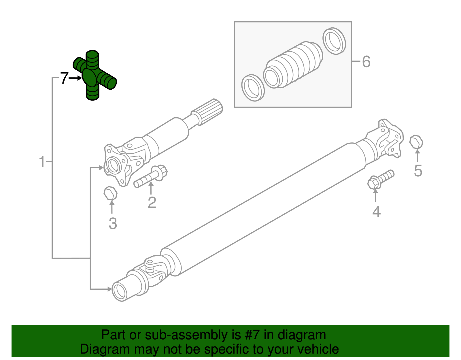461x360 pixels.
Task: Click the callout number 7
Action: pyautogui.click(x=64, y=78)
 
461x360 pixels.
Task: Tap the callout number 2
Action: pyautogui.click(x=152, y=202)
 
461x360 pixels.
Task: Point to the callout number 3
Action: pyautogui.click(x=113, y=224)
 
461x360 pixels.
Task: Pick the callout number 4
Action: pyautogui.click(x=376, y=212)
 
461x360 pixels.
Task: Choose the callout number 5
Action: pyautogui.click(x=418, y=171)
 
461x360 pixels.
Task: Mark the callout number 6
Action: pyautogui.click(x=366, y=62)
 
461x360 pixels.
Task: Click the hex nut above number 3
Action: pyautogui.click(x=110, y=193)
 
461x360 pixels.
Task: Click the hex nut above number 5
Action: pyautogui.click(x=416, y=142)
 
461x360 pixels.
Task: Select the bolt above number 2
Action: pyautogui.click(x=151, y=176)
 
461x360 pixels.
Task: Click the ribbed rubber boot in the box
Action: pyautogui.click(x=294, y=65)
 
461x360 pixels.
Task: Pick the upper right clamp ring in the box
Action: pyautogui.click(x=334, y=41)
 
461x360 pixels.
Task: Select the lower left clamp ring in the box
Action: pyautogui.click(x=253, y=88)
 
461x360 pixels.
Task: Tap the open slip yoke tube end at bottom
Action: pyautogui.click(x=120, y=291)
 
